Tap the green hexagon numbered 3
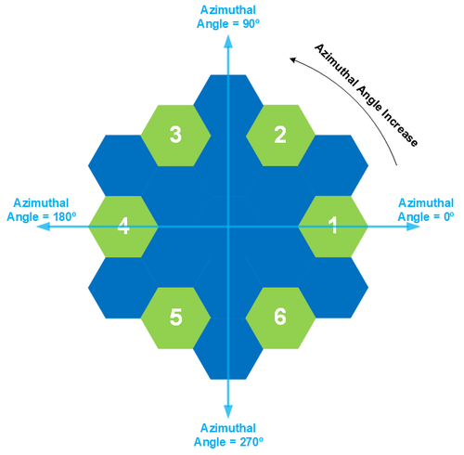coord(175,135)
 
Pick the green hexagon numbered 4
coord(122,226)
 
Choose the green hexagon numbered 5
coord(175,317)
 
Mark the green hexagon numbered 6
coord(280,317)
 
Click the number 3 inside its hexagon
coord(175,135)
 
